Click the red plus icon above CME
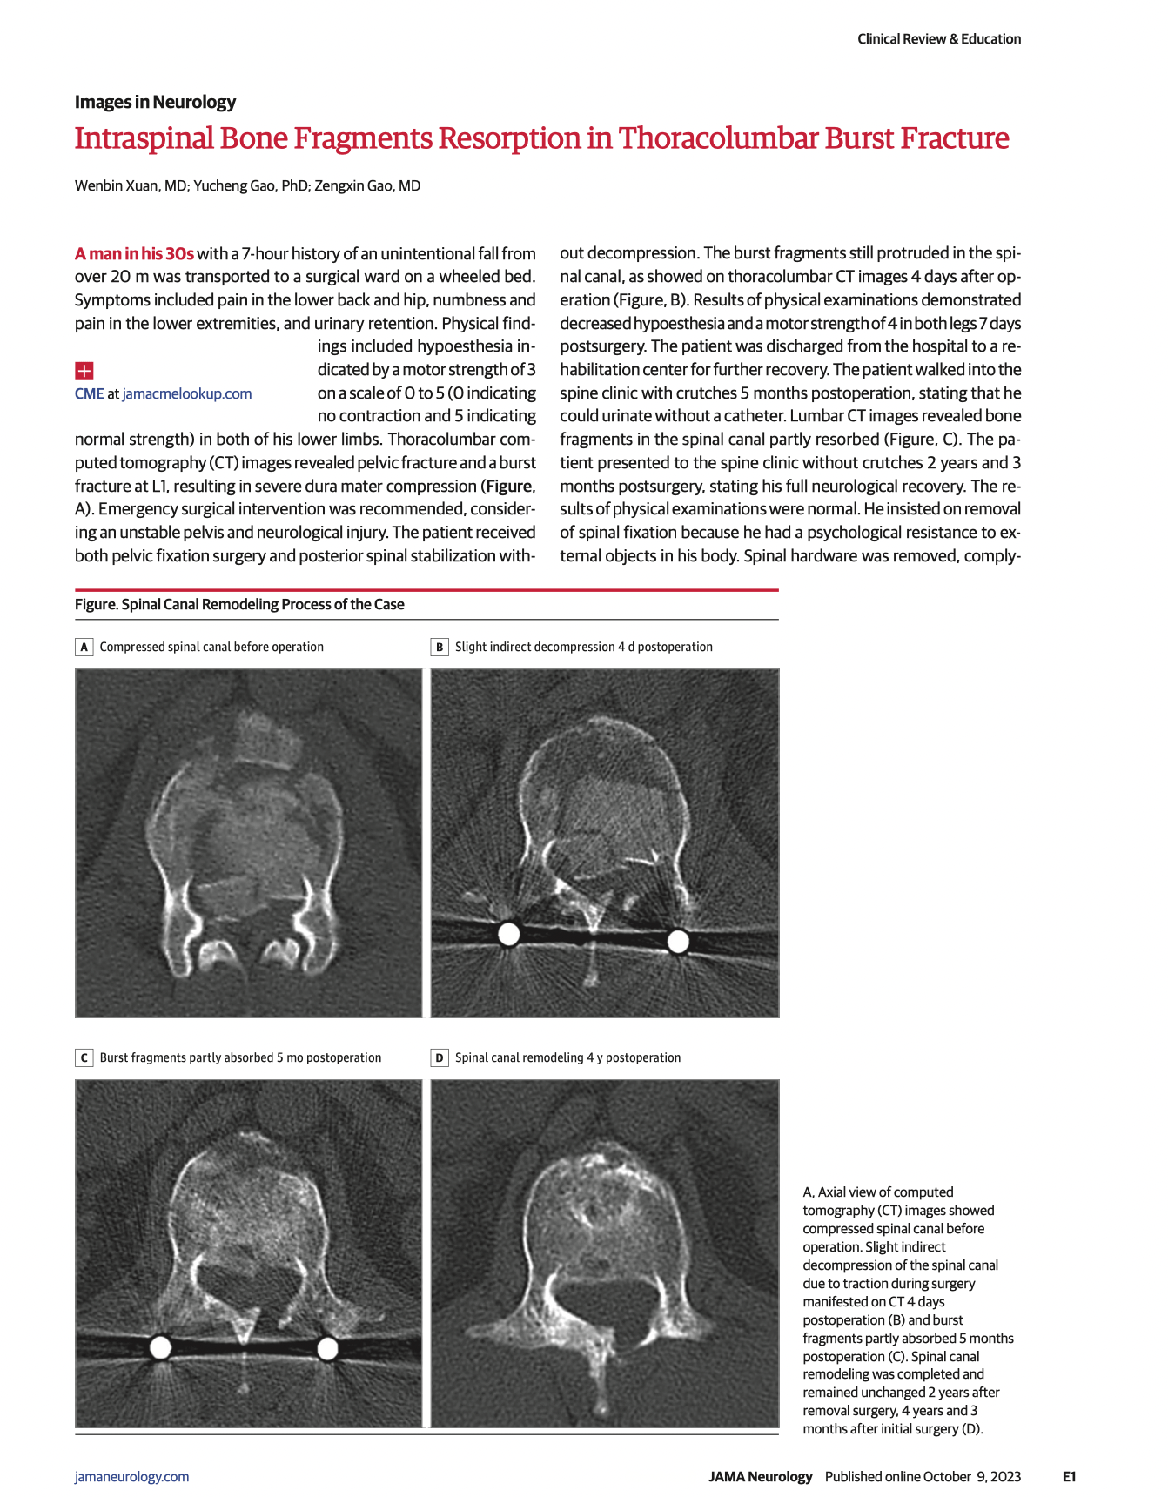84,371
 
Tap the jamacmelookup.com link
187,393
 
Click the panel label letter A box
84,647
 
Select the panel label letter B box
440,647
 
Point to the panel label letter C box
84,1057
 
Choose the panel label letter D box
440,1057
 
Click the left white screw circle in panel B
508,934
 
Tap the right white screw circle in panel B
678,941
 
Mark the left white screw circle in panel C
160,1347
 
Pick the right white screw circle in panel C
327,1348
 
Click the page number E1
1069,1476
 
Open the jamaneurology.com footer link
131,1476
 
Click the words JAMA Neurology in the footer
760,1476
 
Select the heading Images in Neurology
155,102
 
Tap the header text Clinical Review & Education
939,38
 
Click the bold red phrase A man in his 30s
134,253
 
